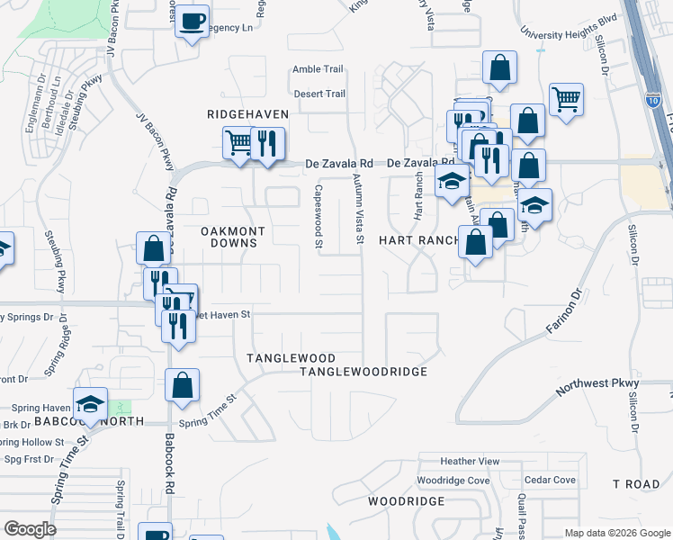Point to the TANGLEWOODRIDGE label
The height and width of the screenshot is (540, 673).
(x=363, y=371)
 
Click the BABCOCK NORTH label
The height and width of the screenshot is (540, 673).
(x=71, y=421)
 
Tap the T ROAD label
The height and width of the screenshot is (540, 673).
(x=636, y=484)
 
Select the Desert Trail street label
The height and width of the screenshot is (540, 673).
(x=319, y=94)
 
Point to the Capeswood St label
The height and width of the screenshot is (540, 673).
(x=319, y=216)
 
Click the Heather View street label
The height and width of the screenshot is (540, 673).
(x=470, y=462)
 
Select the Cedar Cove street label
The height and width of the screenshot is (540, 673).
(x=549, y=481)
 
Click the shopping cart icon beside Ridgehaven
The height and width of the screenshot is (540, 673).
(x=238, y=142)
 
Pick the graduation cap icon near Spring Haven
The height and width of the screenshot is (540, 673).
(x=90, y=402)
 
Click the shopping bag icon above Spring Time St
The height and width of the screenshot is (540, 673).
(x=182, y=385)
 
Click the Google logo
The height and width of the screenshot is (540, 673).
(x=30, y=529)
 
